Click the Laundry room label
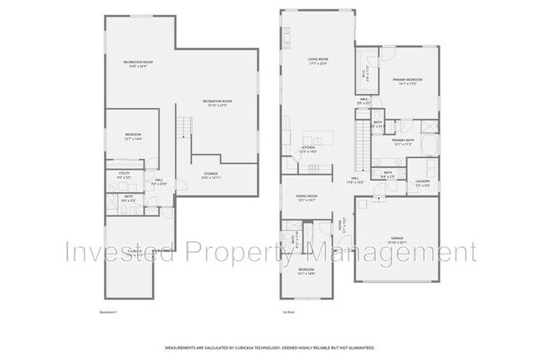tap(422, 182)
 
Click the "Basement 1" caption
tap(98, 312)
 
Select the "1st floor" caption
tap(288, 312)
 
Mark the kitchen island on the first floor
tap(315, 137)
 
